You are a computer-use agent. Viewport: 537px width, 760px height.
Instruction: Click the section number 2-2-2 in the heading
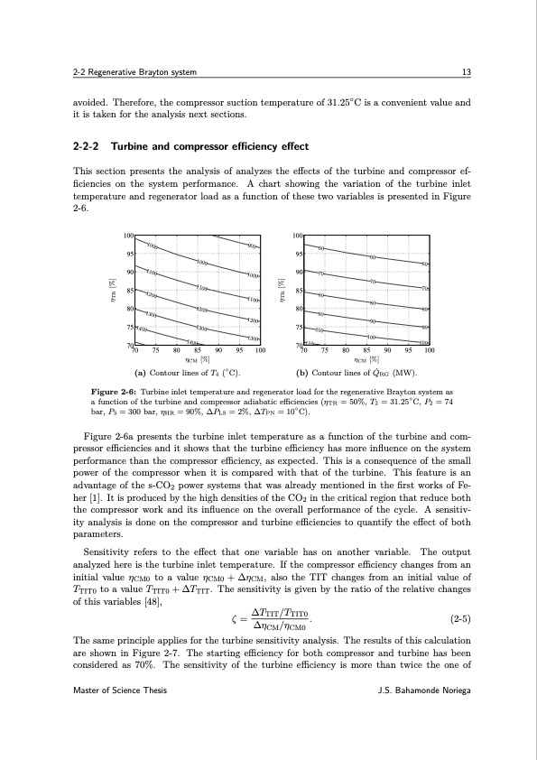87,146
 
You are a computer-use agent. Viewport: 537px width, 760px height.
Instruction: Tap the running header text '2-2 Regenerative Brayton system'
135,72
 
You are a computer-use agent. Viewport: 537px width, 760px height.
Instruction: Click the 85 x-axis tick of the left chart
198,352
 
